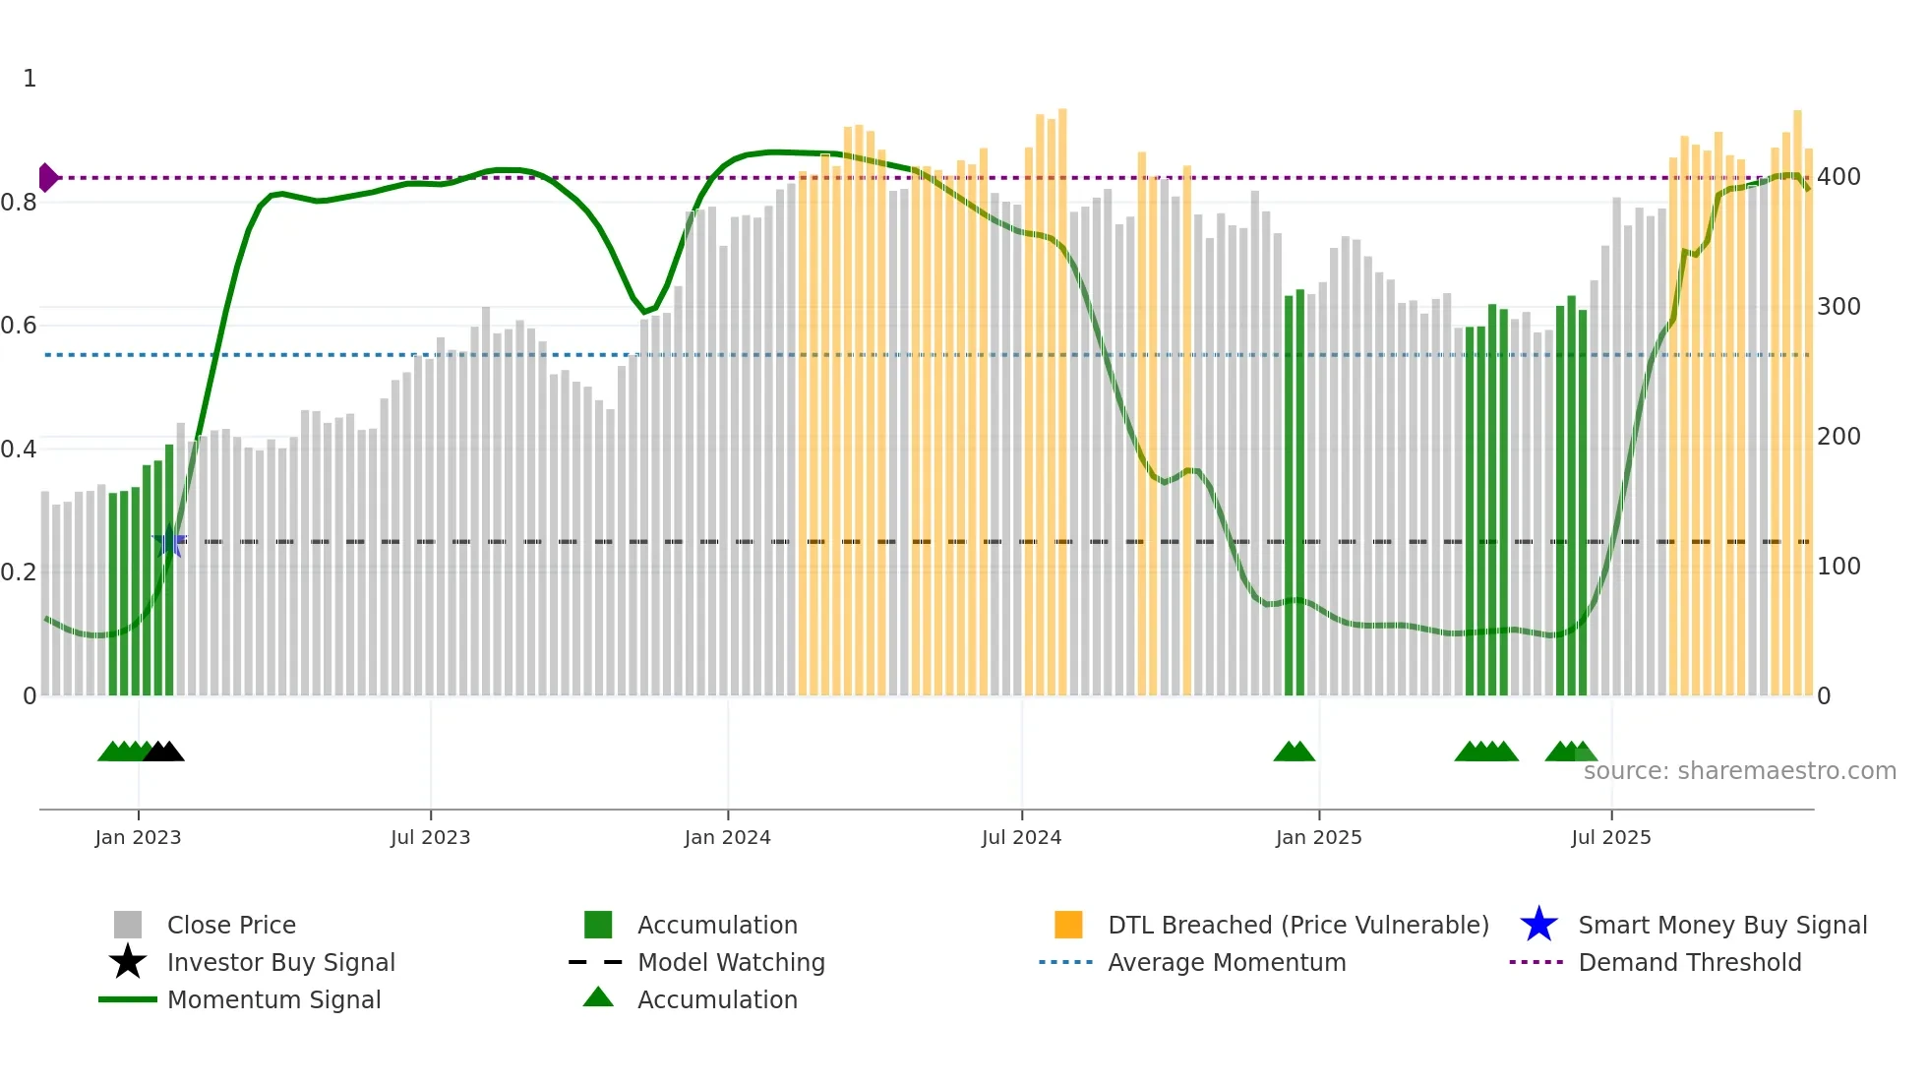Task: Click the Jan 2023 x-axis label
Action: [138, 837]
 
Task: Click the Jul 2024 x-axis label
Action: [1021, 837]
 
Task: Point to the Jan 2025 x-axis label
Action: [1318, 837]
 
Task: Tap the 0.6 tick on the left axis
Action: [19, 326]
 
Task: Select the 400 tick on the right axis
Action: [1838, 177]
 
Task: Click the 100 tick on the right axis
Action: [1838, 567]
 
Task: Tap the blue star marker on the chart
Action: [169, 541]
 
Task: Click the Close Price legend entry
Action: [231, 925]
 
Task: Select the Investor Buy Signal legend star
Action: [128, 962]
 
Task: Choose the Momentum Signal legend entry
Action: [273, 999]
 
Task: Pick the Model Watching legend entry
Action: [731, 962]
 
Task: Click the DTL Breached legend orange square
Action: [1068, 925]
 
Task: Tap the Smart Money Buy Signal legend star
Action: [1538, 925]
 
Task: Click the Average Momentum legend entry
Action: [1227, 962]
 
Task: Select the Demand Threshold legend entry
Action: [1689, 962]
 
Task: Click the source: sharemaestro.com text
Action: [1739, 771]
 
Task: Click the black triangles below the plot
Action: [163, 752]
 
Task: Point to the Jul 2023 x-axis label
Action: [430, 837]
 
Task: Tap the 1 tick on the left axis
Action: [30, 79]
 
